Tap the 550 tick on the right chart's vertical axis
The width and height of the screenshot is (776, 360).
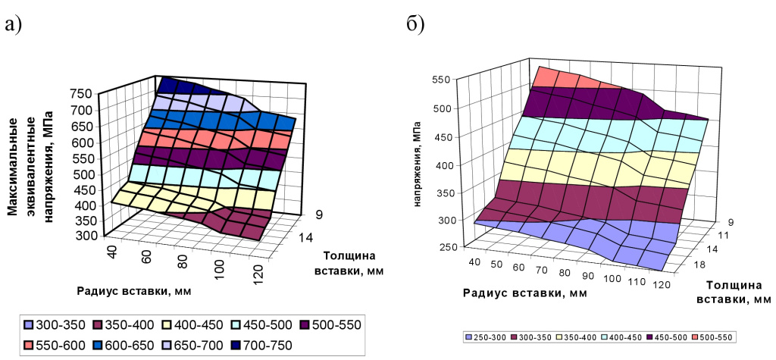click(x=443, y=78)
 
